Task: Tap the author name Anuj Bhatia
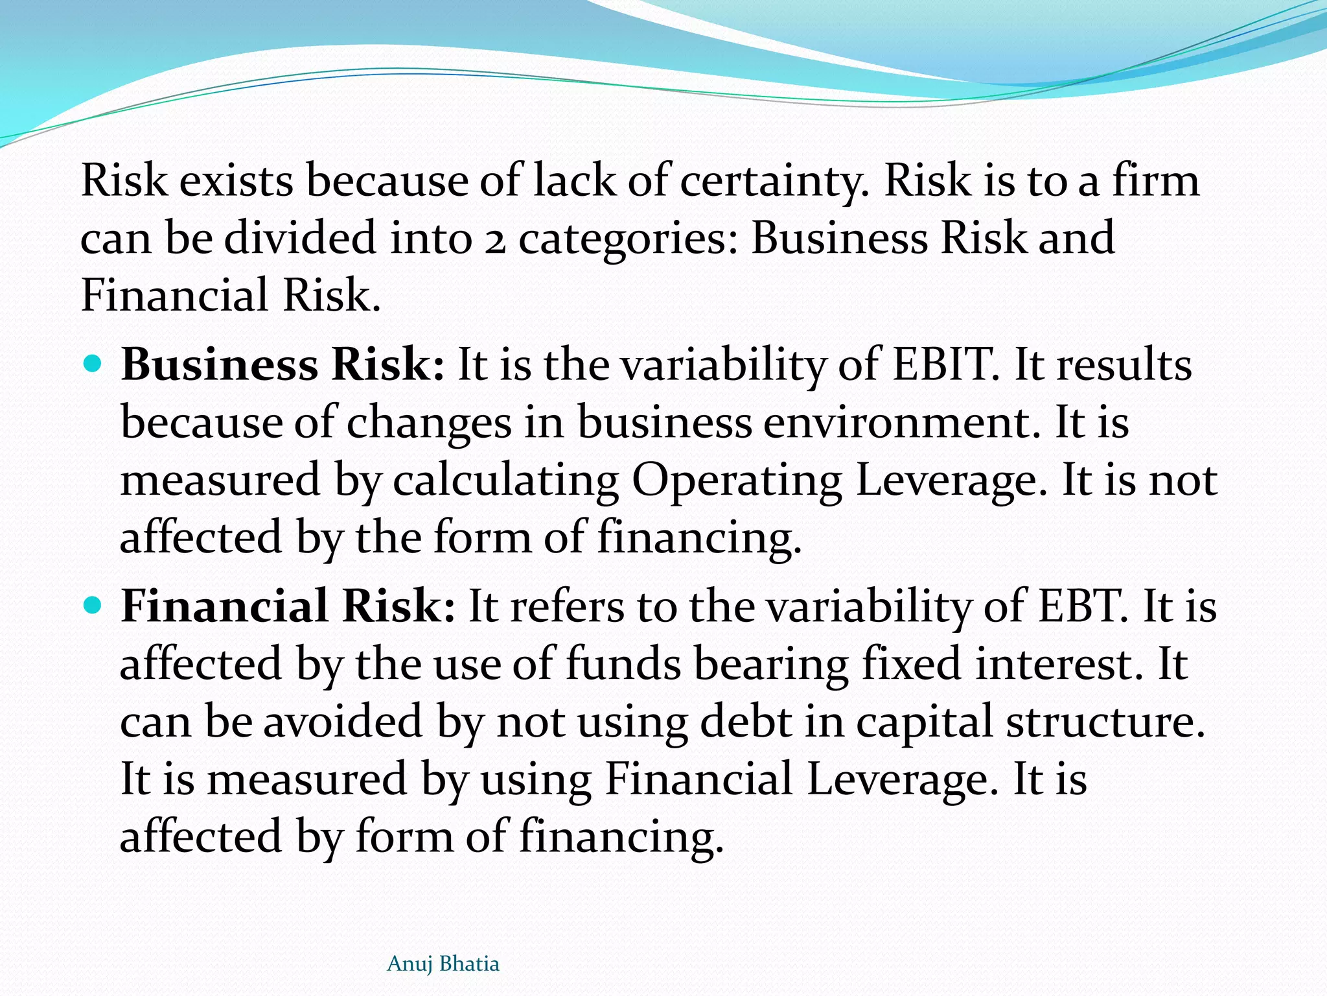pyautogui.click(x=443, y=964)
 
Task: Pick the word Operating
pyautogui.click(x=737, y=480)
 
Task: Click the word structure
pyautogui.click(x=1105, y=722)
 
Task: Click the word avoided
pyautogui.click(x=343, y=722)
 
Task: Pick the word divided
pyautogui.click(x=301, y=238)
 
